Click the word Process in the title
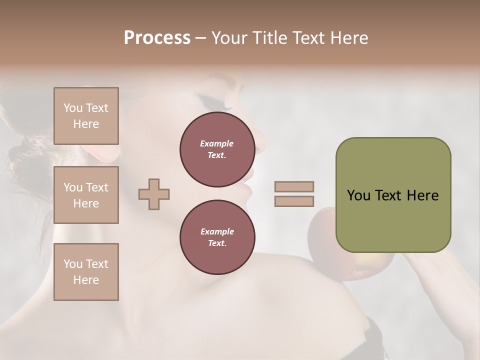pos(157,38)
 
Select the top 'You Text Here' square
pos(86,116)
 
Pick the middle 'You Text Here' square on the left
pos(86,195)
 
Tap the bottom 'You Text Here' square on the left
pos(86,271)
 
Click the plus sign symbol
pos(154,194)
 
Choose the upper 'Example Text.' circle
pos(217,149)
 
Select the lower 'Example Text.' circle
pos(217,237)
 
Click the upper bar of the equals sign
pos(294,186)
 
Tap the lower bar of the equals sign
pos(294,201)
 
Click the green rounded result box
pos(393,195)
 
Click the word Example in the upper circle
pos(217,143)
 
